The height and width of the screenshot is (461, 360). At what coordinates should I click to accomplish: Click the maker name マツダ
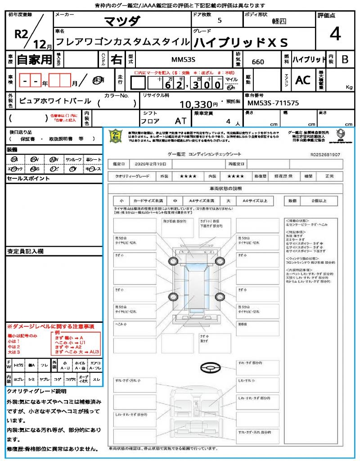(x=122, y=22)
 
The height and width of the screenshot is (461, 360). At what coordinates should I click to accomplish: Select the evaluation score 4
(x=335, y=34)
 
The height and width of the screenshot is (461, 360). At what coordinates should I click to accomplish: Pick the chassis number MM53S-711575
(x=273, y=103)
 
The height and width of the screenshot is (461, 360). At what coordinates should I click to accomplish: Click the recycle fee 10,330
(x=196, y=104)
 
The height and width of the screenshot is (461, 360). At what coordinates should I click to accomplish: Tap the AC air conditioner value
(x=302, y=80)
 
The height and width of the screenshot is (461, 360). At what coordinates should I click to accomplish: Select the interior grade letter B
(x=345, y=59)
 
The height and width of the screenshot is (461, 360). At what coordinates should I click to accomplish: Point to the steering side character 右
(x=116, y=59)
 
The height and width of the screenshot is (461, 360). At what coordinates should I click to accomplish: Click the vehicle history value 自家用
(x=34, y=59)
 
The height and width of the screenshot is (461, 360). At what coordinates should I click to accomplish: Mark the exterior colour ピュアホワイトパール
(x=55, y=101)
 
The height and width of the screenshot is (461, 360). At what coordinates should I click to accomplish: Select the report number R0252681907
(x=325, y=154)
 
